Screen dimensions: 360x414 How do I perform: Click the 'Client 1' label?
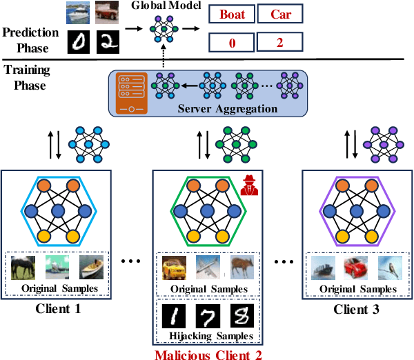tap(59, 308)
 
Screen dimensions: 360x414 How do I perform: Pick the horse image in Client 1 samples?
tap(24, 268)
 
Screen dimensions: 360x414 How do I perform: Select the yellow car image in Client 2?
tap(175, 266)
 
